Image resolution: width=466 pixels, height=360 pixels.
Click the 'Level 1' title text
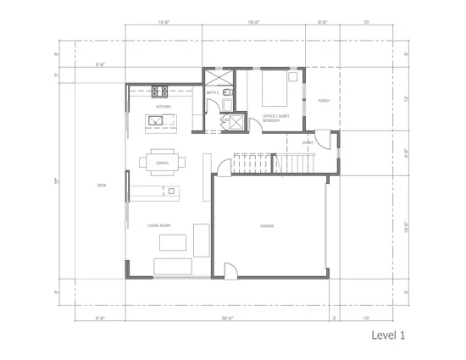tap(388, 335)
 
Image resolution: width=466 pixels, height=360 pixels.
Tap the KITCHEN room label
tap(164, 107)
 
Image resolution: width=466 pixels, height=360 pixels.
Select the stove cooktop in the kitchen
tap(158, 91)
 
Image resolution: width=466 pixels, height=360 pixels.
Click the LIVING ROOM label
tap(159, 225)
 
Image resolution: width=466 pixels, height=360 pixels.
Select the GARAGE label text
tap(266, 226)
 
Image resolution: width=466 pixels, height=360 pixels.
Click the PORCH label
tap(323, 101)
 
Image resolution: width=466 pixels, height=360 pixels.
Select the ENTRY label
tap(307, 143)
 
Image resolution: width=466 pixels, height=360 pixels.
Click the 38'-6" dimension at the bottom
tap(227, 318)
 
